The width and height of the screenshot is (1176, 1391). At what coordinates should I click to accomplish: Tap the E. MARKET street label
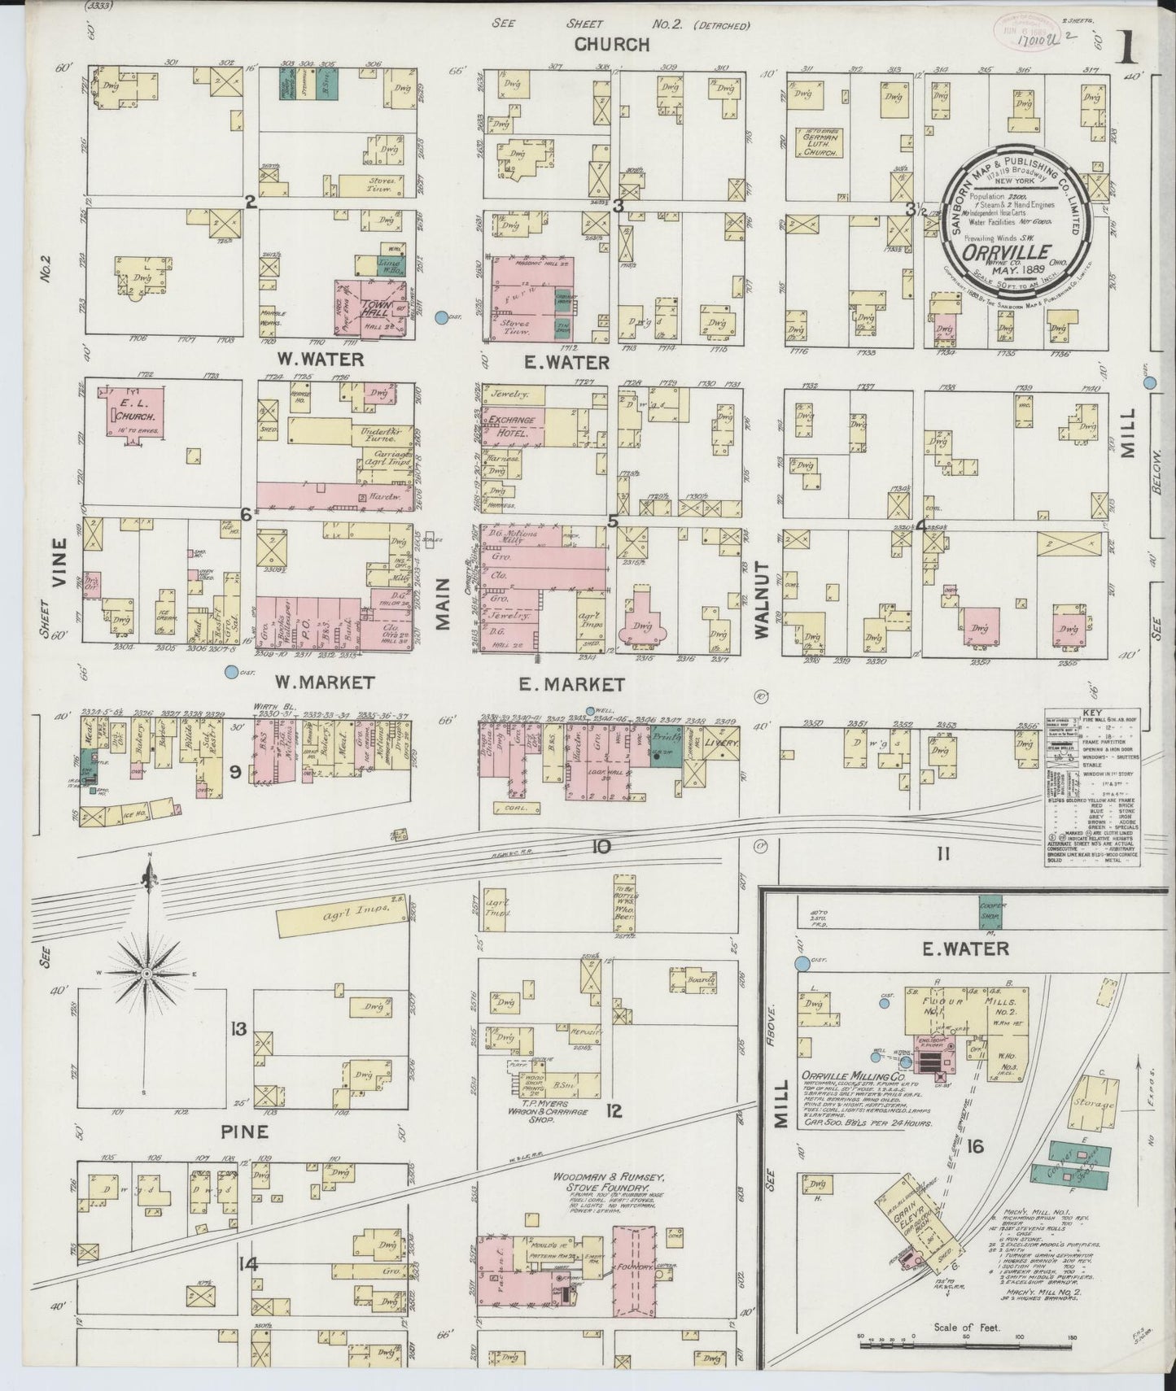560,685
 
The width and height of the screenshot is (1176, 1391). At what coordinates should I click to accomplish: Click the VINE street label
58,563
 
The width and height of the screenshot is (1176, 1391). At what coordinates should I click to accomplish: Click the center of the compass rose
147,973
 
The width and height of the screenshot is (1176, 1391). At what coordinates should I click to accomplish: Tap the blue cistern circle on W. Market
232,672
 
